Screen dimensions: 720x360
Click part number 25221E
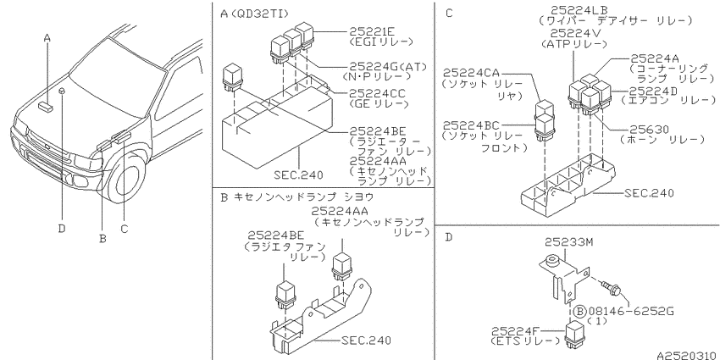tap(372, 31)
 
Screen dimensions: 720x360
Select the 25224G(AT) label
tap(388, 67)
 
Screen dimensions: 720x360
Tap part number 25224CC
tap(378, 94)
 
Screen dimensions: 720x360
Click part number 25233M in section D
tap(569, 242)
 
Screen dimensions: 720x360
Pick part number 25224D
tap(653, 91)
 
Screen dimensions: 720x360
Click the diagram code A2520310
tap(687, 355)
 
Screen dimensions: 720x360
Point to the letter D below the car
tap(62, 228)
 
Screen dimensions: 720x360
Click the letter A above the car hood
tap(47, 38)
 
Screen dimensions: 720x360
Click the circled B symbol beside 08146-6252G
tap(581, 312)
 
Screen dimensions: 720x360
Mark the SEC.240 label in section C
tap(650, 193)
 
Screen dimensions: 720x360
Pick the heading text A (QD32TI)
tap(254, 14)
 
